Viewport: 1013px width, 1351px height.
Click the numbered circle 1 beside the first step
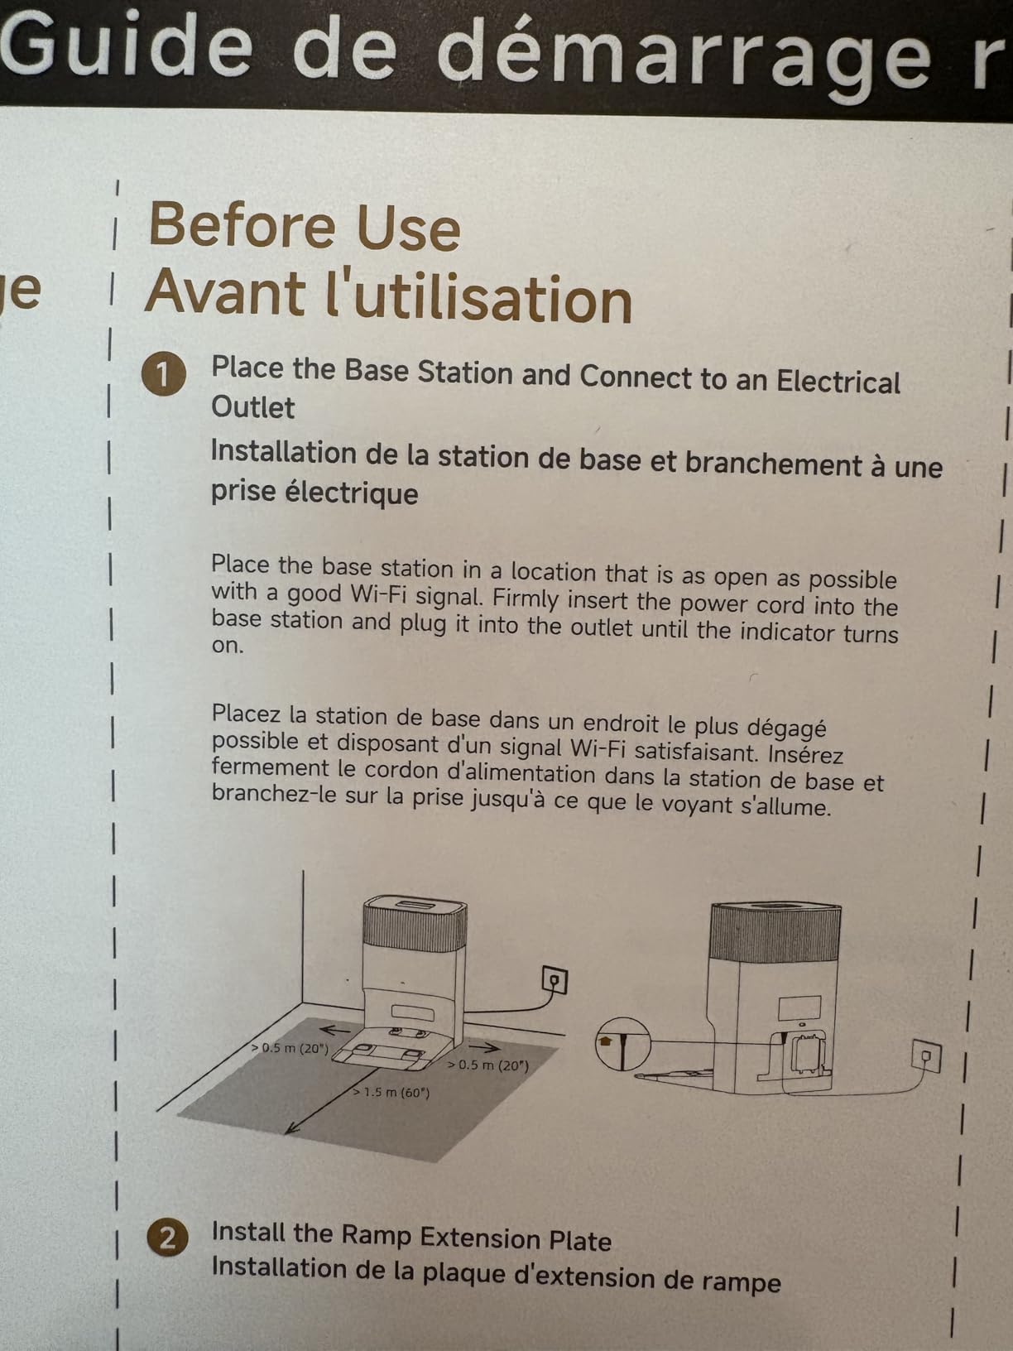click(164, 374)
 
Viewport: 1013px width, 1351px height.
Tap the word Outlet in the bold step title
click(252, 407)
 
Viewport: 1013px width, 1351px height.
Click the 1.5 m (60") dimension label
click(391, 1093)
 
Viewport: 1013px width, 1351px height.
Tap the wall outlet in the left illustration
click(555, 980)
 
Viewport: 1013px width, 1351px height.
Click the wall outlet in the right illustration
click(926, 1056)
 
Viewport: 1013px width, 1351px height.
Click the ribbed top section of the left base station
click(415, 927)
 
